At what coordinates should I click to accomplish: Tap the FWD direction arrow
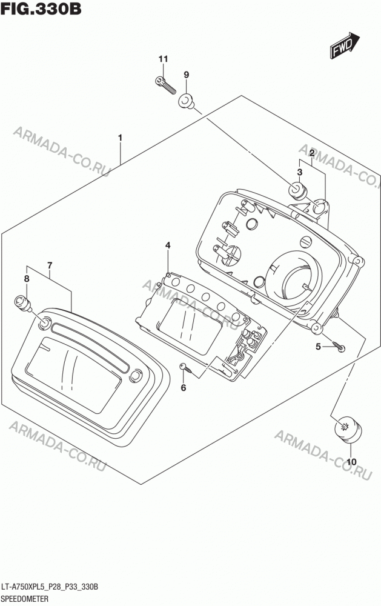(345, 45)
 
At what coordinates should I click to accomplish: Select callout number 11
(163, 59)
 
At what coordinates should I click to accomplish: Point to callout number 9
(186, 75)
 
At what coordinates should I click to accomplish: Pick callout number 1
(120, 138)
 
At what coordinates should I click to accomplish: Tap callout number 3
(300, 172)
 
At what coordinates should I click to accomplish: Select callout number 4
(168, 245)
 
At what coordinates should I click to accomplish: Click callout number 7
(50, 265)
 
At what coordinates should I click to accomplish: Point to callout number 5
(318, 347)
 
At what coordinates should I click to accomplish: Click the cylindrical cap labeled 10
(348, 430)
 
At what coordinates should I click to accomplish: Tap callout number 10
(351, 462)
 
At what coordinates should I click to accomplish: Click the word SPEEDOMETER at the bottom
(25, 599)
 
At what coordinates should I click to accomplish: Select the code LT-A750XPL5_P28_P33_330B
(50, 587)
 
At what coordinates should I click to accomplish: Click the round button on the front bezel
(135, 376)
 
